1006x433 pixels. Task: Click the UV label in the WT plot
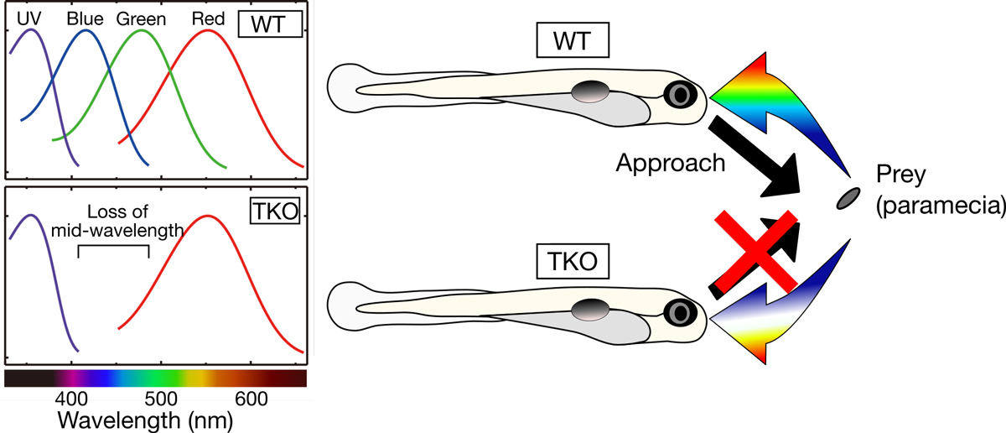29,18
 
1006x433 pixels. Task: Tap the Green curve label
140,18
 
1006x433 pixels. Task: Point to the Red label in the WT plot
207,18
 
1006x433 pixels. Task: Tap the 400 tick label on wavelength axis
70,396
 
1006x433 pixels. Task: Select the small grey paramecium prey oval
848,198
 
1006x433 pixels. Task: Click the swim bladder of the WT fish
590,91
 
